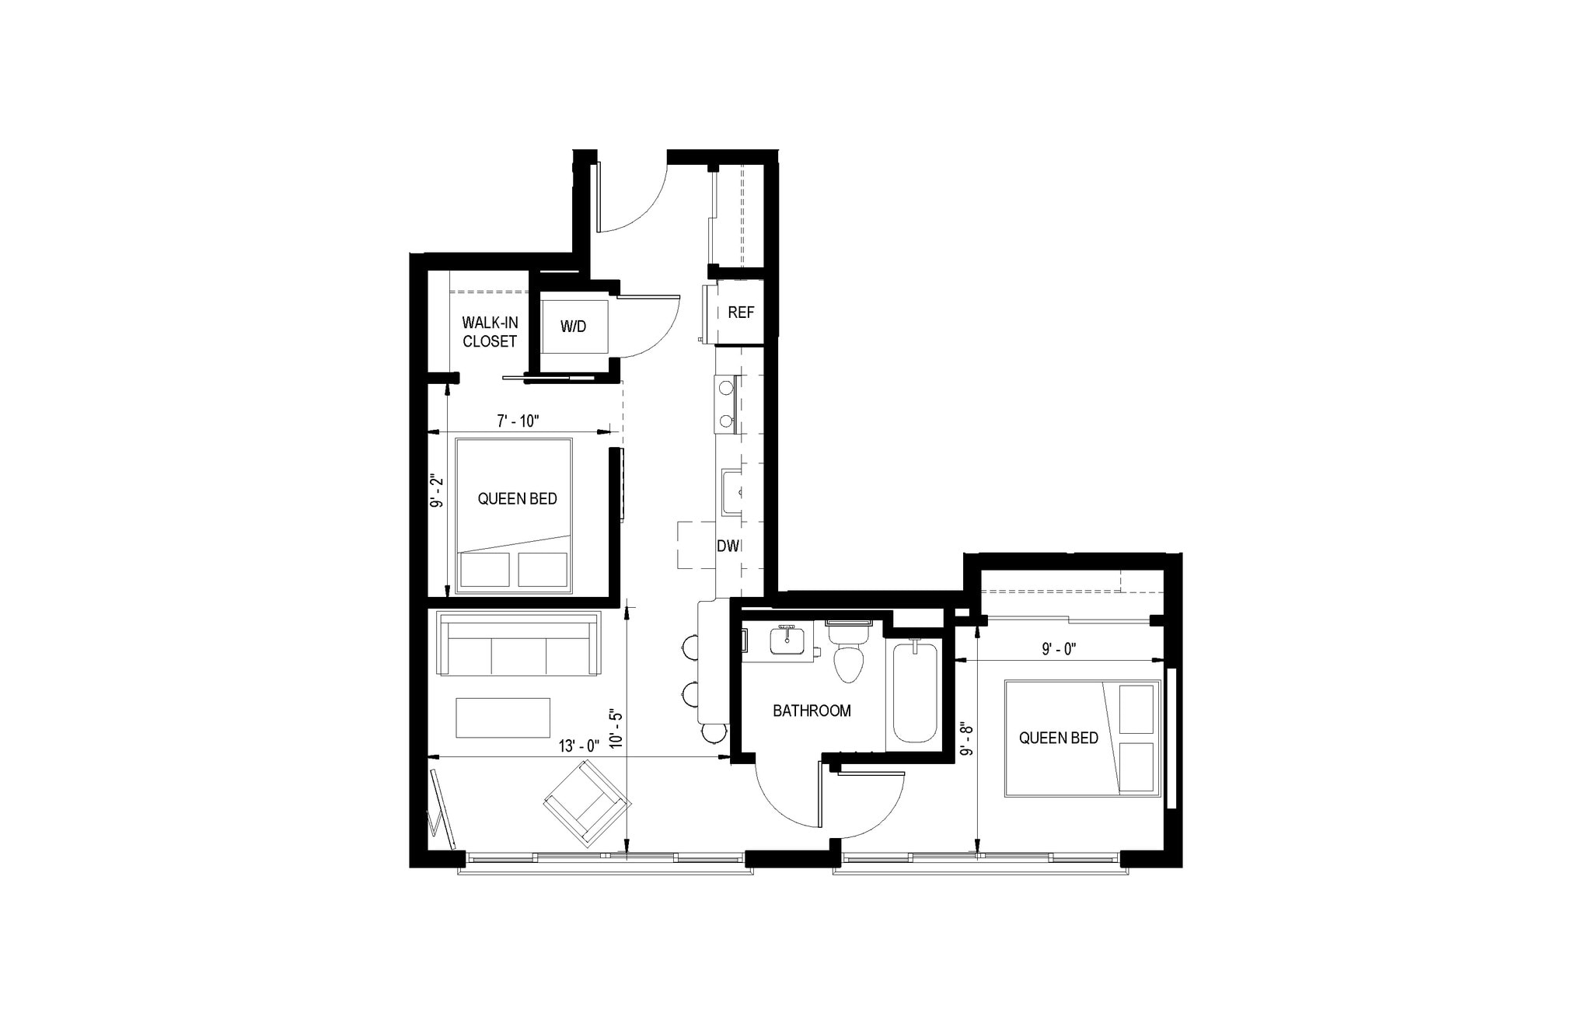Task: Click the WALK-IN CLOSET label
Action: (490, 332)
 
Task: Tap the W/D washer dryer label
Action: (574, 326)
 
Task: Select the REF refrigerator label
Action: (741, 312)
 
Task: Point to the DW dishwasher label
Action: (728, 546)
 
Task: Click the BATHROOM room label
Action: (812, 711)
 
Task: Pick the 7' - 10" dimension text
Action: (518, 421)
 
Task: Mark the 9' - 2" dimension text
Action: (438, 491)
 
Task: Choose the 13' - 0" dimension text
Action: (579, 745)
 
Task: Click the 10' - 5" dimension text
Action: (616, 728)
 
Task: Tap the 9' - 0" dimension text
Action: (1059, 648)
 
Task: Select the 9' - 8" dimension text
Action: (966, 740)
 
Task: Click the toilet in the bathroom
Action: (848, 657)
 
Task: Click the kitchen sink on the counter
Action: (731, 492)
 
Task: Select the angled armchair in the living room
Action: (586, 804)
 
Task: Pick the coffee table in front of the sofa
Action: (503, 718)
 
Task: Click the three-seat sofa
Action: (519, 645)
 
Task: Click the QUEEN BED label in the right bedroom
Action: (1059, 738)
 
